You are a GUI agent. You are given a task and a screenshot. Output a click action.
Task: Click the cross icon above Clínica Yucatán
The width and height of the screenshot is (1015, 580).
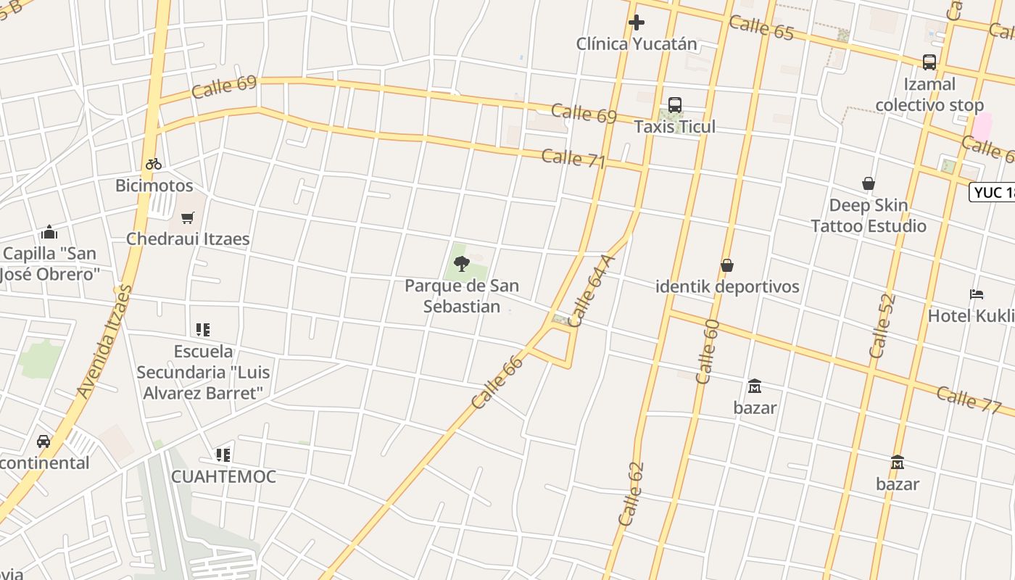(637, 22)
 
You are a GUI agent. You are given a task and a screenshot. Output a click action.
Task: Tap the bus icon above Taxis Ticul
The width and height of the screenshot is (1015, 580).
(675, 105)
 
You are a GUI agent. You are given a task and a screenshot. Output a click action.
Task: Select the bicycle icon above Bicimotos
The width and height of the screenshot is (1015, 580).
(154, 164)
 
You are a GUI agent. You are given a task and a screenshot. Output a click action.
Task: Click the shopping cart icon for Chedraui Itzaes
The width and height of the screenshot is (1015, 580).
(188, 217)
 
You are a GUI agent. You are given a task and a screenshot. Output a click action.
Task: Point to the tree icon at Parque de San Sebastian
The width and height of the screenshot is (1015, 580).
(461, 264)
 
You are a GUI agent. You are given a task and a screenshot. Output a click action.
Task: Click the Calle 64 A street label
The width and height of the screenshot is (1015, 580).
(591, 290)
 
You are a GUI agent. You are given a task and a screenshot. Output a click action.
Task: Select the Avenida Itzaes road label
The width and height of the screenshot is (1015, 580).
(106, 341)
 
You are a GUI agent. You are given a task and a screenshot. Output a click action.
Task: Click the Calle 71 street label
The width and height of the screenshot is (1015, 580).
(573, 158)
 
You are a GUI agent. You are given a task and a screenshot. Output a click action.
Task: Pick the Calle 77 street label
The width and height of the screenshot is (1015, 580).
(968, 399)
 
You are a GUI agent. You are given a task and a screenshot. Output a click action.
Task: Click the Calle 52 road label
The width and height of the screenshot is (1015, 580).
(882, 326)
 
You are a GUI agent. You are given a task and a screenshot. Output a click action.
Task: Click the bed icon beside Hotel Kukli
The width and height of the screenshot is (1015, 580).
(977, 294)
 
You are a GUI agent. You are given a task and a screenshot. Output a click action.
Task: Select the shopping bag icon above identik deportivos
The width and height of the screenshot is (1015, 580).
(727, 265)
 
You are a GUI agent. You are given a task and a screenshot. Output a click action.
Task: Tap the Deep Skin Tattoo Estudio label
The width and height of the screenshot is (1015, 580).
(869, 215)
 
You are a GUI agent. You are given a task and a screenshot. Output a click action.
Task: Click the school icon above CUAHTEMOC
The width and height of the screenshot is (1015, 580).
(223, 455)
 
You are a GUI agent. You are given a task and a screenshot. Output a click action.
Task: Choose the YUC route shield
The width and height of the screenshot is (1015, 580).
(993, 192)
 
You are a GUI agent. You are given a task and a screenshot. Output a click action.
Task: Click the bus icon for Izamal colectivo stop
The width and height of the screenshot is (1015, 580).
(929, 62)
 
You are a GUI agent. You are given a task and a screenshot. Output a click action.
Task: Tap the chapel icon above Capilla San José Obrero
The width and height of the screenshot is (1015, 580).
(49, 232)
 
